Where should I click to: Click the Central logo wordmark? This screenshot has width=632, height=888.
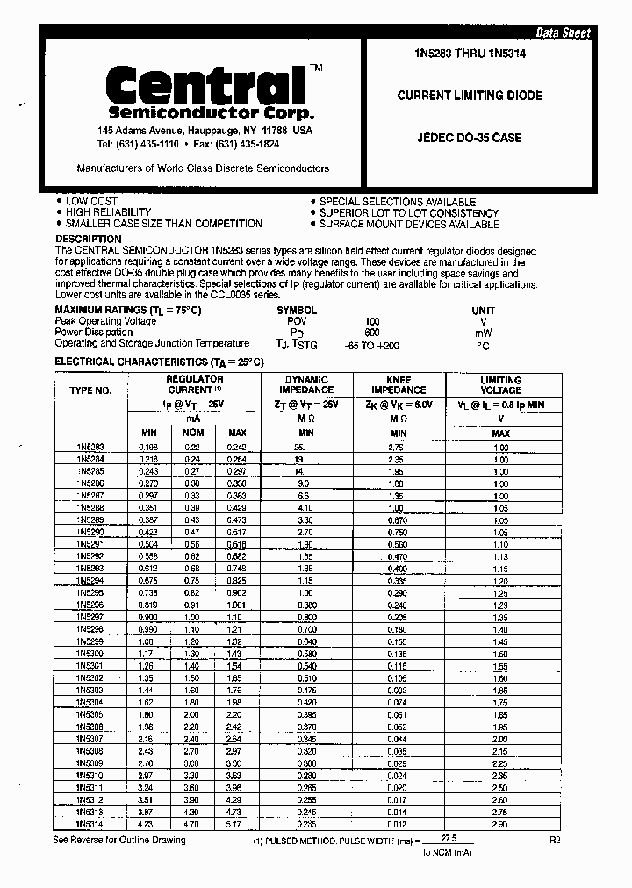pyautogui.click(x=205, y=86)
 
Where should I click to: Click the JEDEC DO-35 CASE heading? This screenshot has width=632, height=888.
pyautogui.click(x=469, y=138)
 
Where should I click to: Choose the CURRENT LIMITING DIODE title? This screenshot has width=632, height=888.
pyautogui.click(x=470, y=96)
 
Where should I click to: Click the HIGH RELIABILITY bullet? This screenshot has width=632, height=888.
pyautogui.click(x=108, y=212)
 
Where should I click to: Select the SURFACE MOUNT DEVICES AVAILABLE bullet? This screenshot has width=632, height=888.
pyautogui.click(x=408, y=224)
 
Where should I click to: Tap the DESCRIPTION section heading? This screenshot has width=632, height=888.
pyautogui.click(x=89, y=239)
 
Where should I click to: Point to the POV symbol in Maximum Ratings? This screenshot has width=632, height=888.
pyautogui.click(x=298, y=322)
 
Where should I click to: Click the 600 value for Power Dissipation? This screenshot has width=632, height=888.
pyautogui.click(x=372, y=333)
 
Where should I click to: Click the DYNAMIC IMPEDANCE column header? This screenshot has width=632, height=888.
pyautogui.click(x=306, y=384)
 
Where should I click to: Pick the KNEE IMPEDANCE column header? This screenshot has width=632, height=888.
pyautogui.click(x=399, y=384)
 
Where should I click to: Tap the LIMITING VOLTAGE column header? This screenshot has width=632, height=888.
pyautogui.click(x=500, y=384)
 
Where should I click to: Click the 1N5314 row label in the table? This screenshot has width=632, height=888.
pyautogui.click(x=90, y=825)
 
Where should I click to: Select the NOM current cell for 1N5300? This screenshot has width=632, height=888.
pyautogui.click(x=192, y=653)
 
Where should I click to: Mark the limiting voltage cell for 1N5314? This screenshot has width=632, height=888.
pyautogui.click(x=500, y=825)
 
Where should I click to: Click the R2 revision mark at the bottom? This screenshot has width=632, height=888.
pyautogui.click(x=555, y=840)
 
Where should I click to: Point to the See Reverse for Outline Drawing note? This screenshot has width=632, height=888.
pyautogui.click(x=118, y=840)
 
